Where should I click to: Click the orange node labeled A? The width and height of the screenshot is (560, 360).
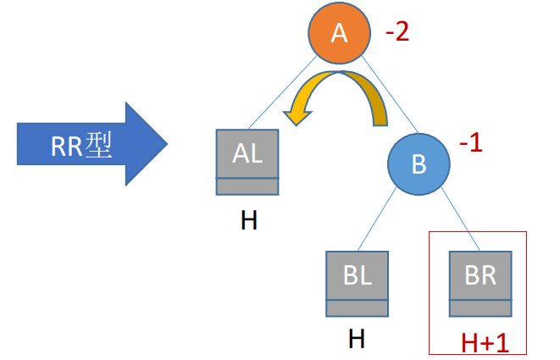tap(339, 34)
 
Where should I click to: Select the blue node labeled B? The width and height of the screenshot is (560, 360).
tap(418, 163)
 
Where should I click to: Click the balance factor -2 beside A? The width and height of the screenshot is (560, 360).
tap(396, 34)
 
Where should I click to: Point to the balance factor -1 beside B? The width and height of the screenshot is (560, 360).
tap(470, 142)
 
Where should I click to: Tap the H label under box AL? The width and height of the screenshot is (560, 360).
tap(248, 221)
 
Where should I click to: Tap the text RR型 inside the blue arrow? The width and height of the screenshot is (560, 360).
tap(81, 146)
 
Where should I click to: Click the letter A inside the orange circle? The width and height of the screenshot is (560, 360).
tap(339, 34)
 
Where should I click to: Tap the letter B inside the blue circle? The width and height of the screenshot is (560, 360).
tap(418, 163)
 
